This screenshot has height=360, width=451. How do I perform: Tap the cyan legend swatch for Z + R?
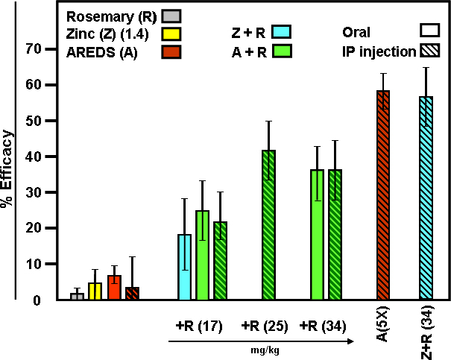tap(281, 32)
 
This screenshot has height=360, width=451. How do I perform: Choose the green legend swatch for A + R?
tap(281, 51)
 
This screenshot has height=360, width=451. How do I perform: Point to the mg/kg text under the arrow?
tap(260, 348)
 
